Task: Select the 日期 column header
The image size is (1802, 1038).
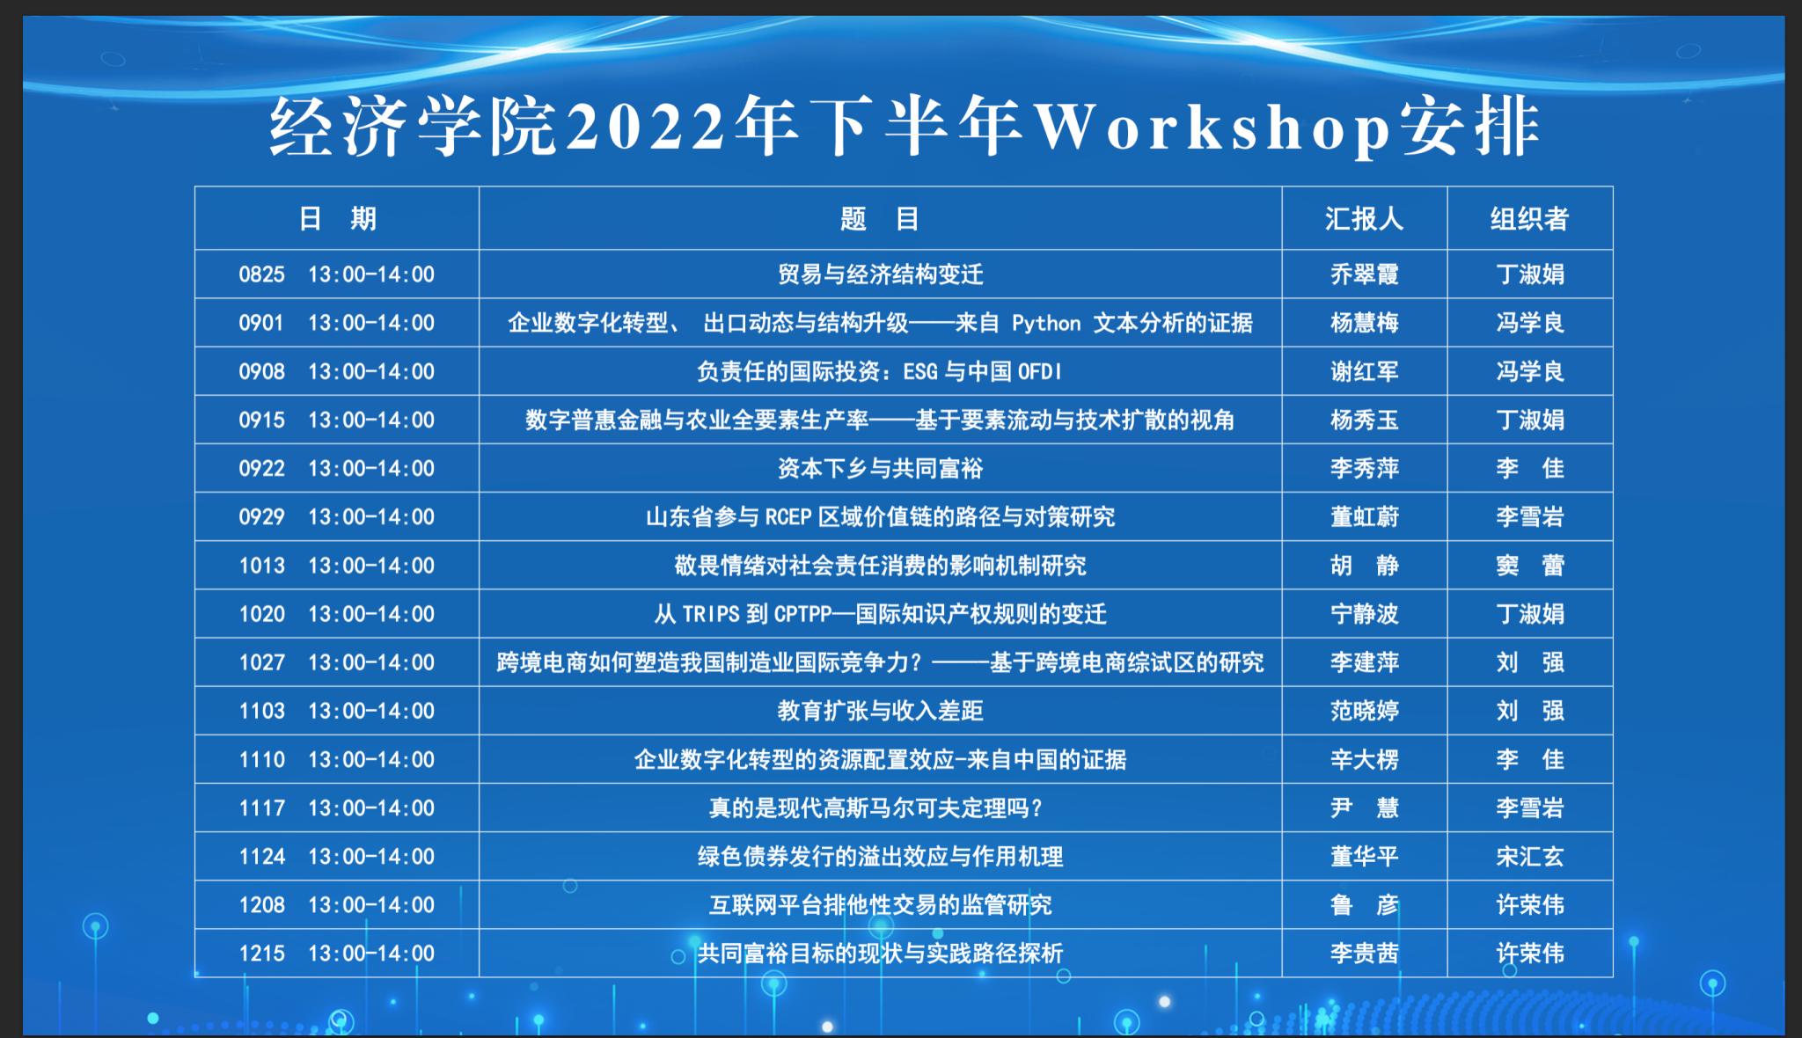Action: [x=337, y=218]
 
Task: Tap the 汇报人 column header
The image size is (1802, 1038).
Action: [x=1364, y=218]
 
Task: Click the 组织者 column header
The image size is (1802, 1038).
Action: [x=1529, y=218]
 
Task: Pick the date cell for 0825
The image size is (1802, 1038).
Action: [x=337, y=274]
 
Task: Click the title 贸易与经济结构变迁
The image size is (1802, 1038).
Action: [x=880, y=274]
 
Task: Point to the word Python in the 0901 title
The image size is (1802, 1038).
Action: [x=1046, y=324]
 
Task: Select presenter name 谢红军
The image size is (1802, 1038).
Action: [x=1364, y=371]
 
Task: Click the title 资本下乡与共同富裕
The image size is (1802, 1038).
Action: [x=880, y=468]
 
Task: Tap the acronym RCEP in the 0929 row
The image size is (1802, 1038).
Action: [x=788, y=516]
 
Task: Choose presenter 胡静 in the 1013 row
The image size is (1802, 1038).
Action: [x=1364, y=565]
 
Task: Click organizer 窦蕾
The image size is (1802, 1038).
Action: [x=1529, y=565]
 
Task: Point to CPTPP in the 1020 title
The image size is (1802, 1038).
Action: [x=802, y=614]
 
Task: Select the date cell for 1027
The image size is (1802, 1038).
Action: [x=337, y=662]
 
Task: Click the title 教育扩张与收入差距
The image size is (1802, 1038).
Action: [x=880, y=711]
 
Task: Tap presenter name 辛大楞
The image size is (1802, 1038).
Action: [x=1364, y=759]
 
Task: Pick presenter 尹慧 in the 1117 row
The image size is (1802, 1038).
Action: [x=1364, y=808]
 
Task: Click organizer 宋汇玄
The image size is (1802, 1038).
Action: [x=1529, y=856]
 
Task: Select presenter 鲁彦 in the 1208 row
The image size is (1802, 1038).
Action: [x=1364, y=904]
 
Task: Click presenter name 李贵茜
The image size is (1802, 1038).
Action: [x=1364, y=953]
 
